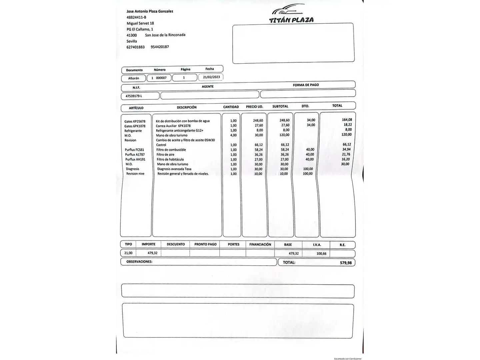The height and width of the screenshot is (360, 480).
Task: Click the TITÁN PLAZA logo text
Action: pyautogui.click(x=291, y=20)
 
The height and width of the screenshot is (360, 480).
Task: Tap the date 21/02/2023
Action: pyautogui.click(x=211, y=77)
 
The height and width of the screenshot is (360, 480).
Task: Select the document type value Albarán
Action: pyautogui.click(x=134, y=78)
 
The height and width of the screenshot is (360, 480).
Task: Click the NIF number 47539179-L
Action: pyautogui.click(x=134, y=96)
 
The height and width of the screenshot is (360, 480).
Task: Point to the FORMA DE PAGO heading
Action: pyautogui.click(x=306, y=85)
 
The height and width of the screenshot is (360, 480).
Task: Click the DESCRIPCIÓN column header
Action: pyautogui.click(x=187, y=107)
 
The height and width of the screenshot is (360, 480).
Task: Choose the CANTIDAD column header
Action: pyautogui.click(x=231, y=107)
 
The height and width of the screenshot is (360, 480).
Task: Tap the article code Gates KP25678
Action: pyautogui.click(x=135, y=121)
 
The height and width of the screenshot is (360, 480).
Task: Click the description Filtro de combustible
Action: pyautogui.click(x=171, y=150)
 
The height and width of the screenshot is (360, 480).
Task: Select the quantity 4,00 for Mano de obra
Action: pyautogui.click(x=233, y=135)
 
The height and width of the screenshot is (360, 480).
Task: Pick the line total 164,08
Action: pyautogui.click(x=347, y=120)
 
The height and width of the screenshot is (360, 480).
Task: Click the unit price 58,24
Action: pyautogui.click(x=258, y=150)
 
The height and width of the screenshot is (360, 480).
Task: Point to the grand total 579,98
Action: pyautogui.click(x=346, y=263)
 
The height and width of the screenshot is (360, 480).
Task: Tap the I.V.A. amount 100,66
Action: pyautogui.click(x=321, y=254)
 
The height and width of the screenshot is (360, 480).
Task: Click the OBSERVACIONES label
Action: pyautogui.click(x=139, y=262)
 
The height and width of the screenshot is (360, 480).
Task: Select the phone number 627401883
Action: pyautogui.click(x=136, y=47)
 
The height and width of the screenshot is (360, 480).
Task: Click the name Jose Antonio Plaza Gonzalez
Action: pyautogui.click(x=150, y=11)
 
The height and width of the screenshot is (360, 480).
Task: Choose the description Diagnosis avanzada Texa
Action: pyautogui.click(x=174, y=169)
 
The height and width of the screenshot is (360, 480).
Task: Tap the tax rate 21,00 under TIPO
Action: pyautogui.click(x=128, y=253)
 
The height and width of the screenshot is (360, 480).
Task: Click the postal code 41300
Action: pyautogui.click(x=132, y=35)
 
